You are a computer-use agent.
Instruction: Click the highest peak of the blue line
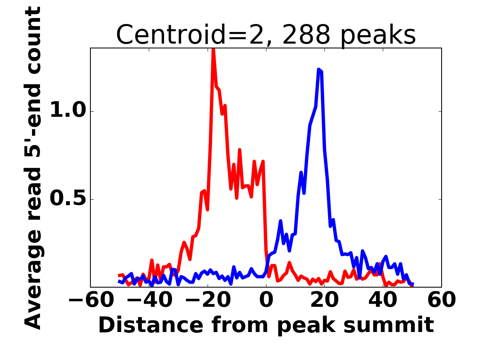319,70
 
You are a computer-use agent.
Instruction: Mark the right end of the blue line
412,284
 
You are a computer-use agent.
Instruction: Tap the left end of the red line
120,276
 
